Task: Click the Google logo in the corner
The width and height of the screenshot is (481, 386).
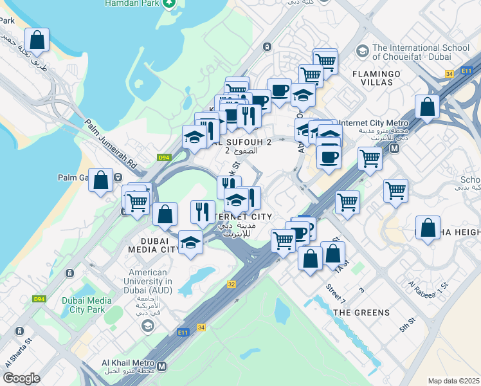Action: point(22,378)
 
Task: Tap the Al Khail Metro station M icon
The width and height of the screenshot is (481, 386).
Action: point(161,366)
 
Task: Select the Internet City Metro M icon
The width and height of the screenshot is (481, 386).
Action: point(394,147)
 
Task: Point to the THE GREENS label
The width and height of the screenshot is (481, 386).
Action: point(361,313)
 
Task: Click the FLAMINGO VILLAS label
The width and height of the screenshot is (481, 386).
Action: point(376,78)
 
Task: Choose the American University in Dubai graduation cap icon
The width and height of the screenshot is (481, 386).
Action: point(148,326)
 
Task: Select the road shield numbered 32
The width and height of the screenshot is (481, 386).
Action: point(231,284)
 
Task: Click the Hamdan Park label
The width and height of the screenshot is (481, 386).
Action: point(131,3)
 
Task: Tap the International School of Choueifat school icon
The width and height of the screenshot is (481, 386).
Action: point(362,51)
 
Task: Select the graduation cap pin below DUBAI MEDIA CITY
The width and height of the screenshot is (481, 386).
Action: point(190,243)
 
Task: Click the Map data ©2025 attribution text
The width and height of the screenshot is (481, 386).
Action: point(453,381)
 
